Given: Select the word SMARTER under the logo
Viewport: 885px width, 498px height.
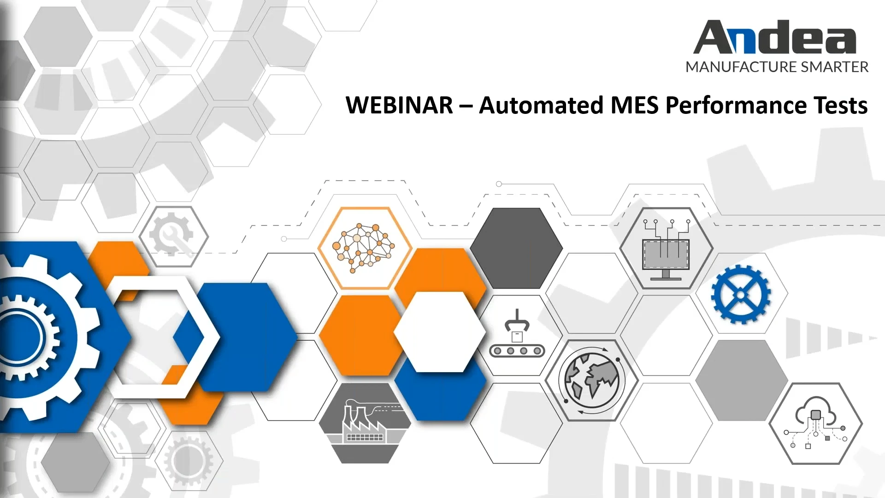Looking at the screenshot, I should (x=835, y=67).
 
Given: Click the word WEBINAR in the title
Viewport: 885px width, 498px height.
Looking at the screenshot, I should (x=399, y=105).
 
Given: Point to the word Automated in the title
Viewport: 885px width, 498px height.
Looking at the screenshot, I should (x=541, y=105).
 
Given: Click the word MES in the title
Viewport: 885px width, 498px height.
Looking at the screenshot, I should (x=636, y=105).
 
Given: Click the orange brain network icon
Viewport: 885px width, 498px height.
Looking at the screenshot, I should (x=364, y=248).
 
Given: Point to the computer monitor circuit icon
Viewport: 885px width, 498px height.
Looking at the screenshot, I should (x=666, y=249).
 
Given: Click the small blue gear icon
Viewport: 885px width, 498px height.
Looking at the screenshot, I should (x=741, y=294).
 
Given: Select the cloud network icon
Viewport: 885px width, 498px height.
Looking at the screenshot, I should (x=815, y=423).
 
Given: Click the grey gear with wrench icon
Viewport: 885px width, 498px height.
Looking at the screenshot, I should (x=174, y=236).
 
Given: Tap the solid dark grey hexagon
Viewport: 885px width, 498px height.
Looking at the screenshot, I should (x=516, y=248).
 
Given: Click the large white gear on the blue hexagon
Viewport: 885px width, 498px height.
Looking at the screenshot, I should (x=28, y=337).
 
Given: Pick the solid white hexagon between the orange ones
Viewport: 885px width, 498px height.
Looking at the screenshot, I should (x=440, y=332).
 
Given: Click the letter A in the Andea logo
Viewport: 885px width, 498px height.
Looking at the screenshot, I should (x=714, y=38).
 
